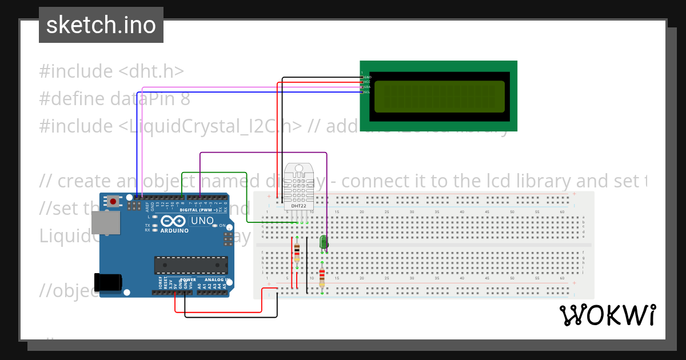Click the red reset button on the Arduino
click(x=114, y=201)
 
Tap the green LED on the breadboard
click(x=324, y=242)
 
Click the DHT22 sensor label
click(x=298, y=205)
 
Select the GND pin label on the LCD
click(x=368, y=77)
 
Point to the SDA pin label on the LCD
click(x=368, y=87)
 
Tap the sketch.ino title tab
click(x=101, y=25)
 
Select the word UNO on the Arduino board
click(x=202, y=221)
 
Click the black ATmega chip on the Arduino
click(x=190, y=265)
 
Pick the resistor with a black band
click(x=297, y=251)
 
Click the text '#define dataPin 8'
click(x=114, y=99)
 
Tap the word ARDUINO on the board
click(x=175, y=230)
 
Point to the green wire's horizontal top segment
click(x=214, y=173)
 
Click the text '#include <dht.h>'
click(x=111, y=71)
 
